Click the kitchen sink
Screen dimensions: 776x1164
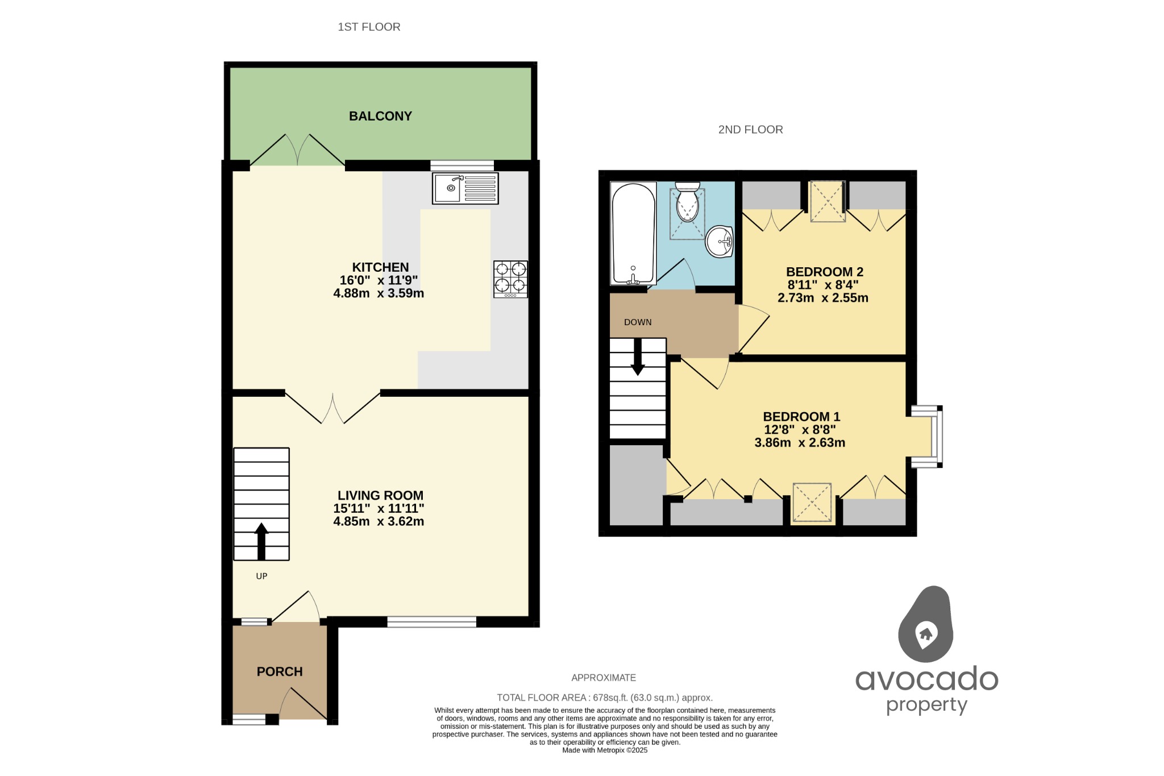click(x=465, y=188)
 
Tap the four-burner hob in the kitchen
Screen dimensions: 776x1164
click(x=510, y=279)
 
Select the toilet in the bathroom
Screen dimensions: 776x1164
click(x=688, y=203)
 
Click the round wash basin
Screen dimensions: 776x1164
click(x=720, y=242)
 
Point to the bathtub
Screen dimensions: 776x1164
click(x=633, y=233)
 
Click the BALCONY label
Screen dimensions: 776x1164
click(x=380, y=116)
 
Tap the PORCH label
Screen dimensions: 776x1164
click(x=280, y=671)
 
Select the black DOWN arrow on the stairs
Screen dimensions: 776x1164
click(x=638, y=357)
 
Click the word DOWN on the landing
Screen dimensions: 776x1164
click(x=638, y=322)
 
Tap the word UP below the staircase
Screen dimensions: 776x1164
click(x=261, y=576)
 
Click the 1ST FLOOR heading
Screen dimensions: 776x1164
click(x=369, y=27)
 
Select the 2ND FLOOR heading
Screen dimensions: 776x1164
click(x=750, y=130)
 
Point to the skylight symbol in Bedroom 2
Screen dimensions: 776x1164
click(x=828, y=201)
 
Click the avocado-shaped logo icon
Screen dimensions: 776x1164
click(x=926, y=625)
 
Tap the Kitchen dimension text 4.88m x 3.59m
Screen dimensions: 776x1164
click(x=379, y=293)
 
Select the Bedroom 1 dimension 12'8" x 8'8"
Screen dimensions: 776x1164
click(x=800, y=430)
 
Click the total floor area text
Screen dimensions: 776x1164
click(x=605, y=698)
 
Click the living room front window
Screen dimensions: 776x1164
click(x=431, y=622)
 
